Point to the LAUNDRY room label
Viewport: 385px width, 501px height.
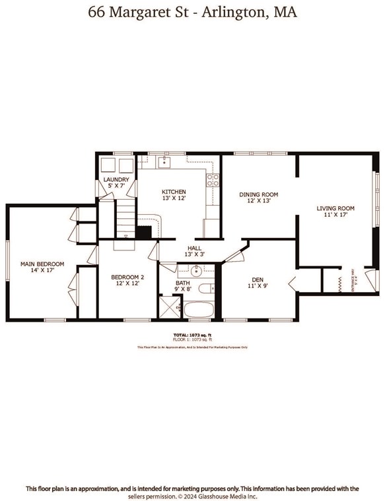pos(116,180)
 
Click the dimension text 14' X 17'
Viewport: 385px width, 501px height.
pos(37,270)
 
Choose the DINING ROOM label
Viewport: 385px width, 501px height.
pos(258,194)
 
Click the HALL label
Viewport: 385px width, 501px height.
pos(193,248)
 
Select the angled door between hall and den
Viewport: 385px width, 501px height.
pos(233,253)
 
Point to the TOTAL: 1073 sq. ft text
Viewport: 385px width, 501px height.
pos(192,335)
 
